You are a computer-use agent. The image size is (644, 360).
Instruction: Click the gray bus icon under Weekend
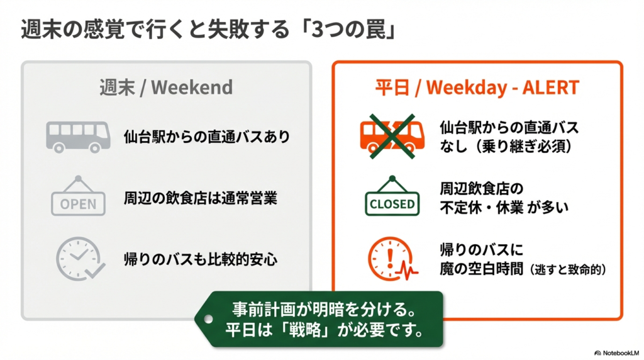(78, 137)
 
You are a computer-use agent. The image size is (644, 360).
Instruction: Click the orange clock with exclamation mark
(391, 259)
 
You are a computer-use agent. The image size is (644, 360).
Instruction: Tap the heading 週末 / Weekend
(166, 87)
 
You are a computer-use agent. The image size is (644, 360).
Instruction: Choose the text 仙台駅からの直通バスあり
(207, 137)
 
